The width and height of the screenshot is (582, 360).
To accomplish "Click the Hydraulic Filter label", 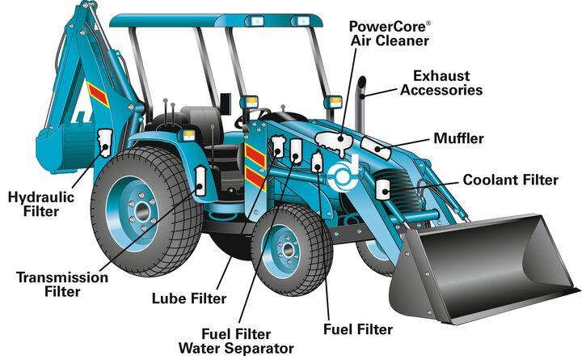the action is (41, 204).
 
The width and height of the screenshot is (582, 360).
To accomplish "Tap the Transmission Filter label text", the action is (62, 284).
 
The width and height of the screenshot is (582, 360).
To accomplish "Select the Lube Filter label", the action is (189, 299).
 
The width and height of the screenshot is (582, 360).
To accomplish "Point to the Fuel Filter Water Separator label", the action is (236, 341).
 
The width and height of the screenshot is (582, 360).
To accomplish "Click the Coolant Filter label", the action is (510, 180).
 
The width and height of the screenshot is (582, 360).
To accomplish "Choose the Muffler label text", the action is (459, 138).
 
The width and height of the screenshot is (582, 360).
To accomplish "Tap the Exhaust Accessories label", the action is (441, 83).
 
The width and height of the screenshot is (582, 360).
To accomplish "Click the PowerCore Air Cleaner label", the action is (390, 33).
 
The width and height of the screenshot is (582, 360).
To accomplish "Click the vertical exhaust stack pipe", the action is (361, 104).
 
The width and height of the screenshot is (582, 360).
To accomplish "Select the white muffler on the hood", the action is (376, 148).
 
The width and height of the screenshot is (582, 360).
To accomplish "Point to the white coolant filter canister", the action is (382, 189).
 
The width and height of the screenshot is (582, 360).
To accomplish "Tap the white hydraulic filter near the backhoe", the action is (104, 142).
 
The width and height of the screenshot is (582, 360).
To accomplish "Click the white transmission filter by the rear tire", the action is (200, 181).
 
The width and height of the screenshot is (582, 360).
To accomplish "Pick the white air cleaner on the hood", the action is (333, 141).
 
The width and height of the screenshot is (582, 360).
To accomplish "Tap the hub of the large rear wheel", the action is (141, 212).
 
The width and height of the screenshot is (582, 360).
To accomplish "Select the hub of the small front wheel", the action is (287, 249).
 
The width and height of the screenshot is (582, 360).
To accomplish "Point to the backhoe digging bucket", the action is (65, 149).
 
